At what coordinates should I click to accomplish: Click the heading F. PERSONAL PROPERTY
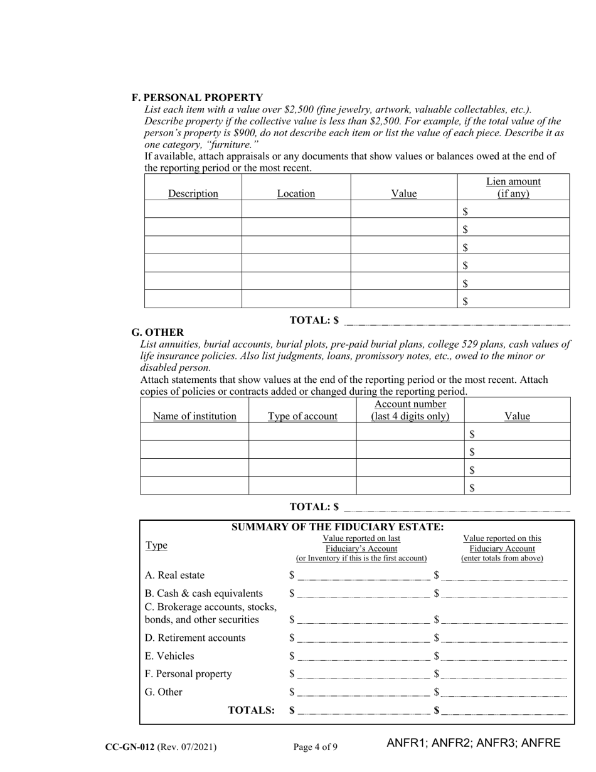click(197, 97)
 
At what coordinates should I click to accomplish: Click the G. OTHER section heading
click(157, 332)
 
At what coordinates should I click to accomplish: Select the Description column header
click(193, 193)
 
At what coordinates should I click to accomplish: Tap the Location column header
click(295, 193)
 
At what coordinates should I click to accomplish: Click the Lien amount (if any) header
click(513, 187)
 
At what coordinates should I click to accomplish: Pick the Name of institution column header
click(194, 415)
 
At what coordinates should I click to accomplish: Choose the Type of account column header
click(302, 415)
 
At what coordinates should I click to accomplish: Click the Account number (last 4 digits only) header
click(410, 410)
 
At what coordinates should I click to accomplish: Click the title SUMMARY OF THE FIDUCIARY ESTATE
click(338, 527)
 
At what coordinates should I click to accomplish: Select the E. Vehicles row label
click(169, 656)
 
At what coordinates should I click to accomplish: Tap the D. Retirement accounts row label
click(195, 638)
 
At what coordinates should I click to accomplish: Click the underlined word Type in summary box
click(156, 545)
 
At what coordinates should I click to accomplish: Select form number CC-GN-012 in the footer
click(130, 747)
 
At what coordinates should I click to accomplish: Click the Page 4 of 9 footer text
click(316, 747)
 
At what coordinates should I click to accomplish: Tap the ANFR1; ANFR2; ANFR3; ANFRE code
click(473, 743)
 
